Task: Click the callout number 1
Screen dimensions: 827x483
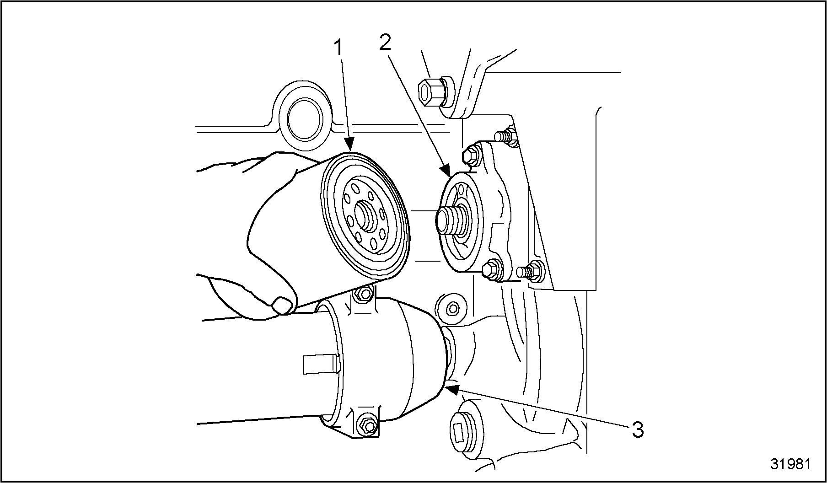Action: (338, 48)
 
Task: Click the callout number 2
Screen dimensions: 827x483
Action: (385, 42)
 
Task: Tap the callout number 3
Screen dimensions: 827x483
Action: (638, 429)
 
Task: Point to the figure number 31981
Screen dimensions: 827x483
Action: (790, 464)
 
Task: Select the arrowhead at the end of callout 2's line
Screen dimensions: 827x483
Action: (446, 172)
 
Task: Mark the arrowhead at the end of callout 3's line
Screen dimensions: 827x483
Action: (452, 389)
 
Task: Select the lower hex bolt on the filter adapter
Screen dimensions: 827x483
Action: (492, 268)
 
